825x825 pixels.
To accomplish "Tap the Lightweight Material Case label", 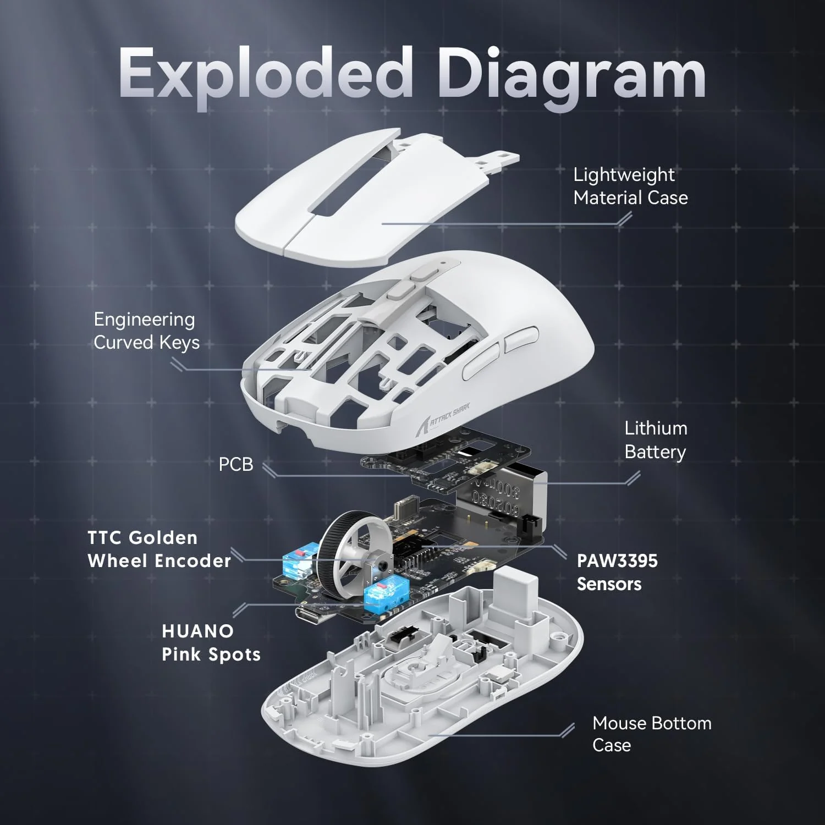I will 630,186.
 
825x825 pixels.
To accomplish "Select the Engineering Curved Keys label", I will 146,331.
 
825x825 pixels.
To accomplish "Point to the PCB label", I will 236,464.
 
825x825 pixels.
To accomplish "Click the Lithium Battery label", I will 656,440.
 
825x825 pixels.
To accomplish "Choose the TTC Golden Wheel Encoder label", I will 159,549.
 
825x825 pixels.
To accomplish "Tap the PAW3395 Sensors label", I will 617,572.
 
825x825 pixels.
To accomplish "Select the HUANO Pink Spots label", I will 211,642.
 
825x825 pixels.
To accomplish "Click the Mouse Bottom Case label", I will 651,734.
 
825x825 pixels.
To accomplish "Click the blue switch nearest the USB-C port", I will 380,595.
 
